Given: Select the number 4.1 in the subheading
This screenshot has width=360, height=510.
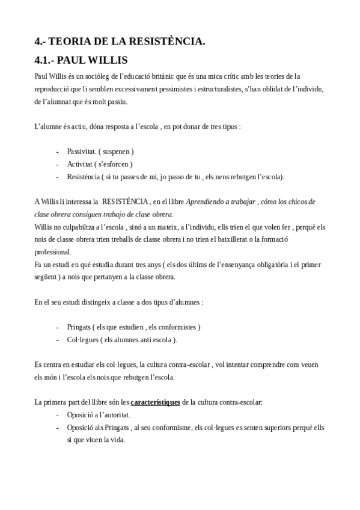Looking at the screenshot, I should pyautogui.click(x=45, y=61).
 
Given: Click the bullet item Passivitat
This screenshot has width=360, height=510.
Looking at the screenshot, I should pyautogui.click(x=82, y=152).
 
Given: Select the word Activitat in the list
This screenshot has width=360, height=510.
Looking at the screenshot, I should pyautogui.click(x=81, y=164).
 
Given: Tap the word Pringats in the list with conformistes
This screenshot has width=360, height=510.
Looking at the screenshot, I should pyautogui.click(x=79, y=327).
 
